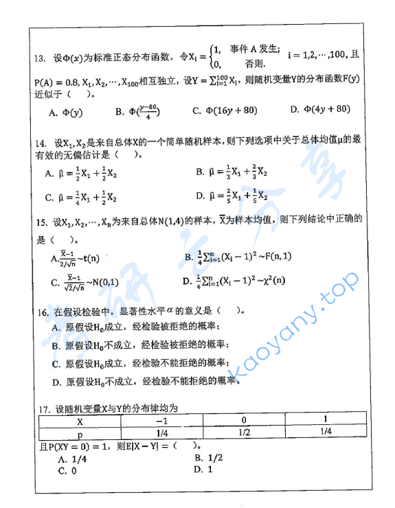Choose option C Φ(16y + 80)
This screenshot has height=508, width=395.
pos(225,110)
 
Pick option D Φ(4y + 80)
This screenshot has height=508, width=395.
pos(319,109)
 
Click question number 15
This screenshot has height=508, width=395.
pos(40,223)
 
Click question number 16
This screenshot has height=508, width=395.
pos(40,311)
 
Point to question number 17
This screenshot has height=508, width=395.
pos(40,408)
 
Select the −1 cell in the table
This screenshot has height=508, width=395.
pos(162,420)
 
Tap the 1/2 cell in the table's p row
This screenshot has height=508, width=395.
pos(244,432)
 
